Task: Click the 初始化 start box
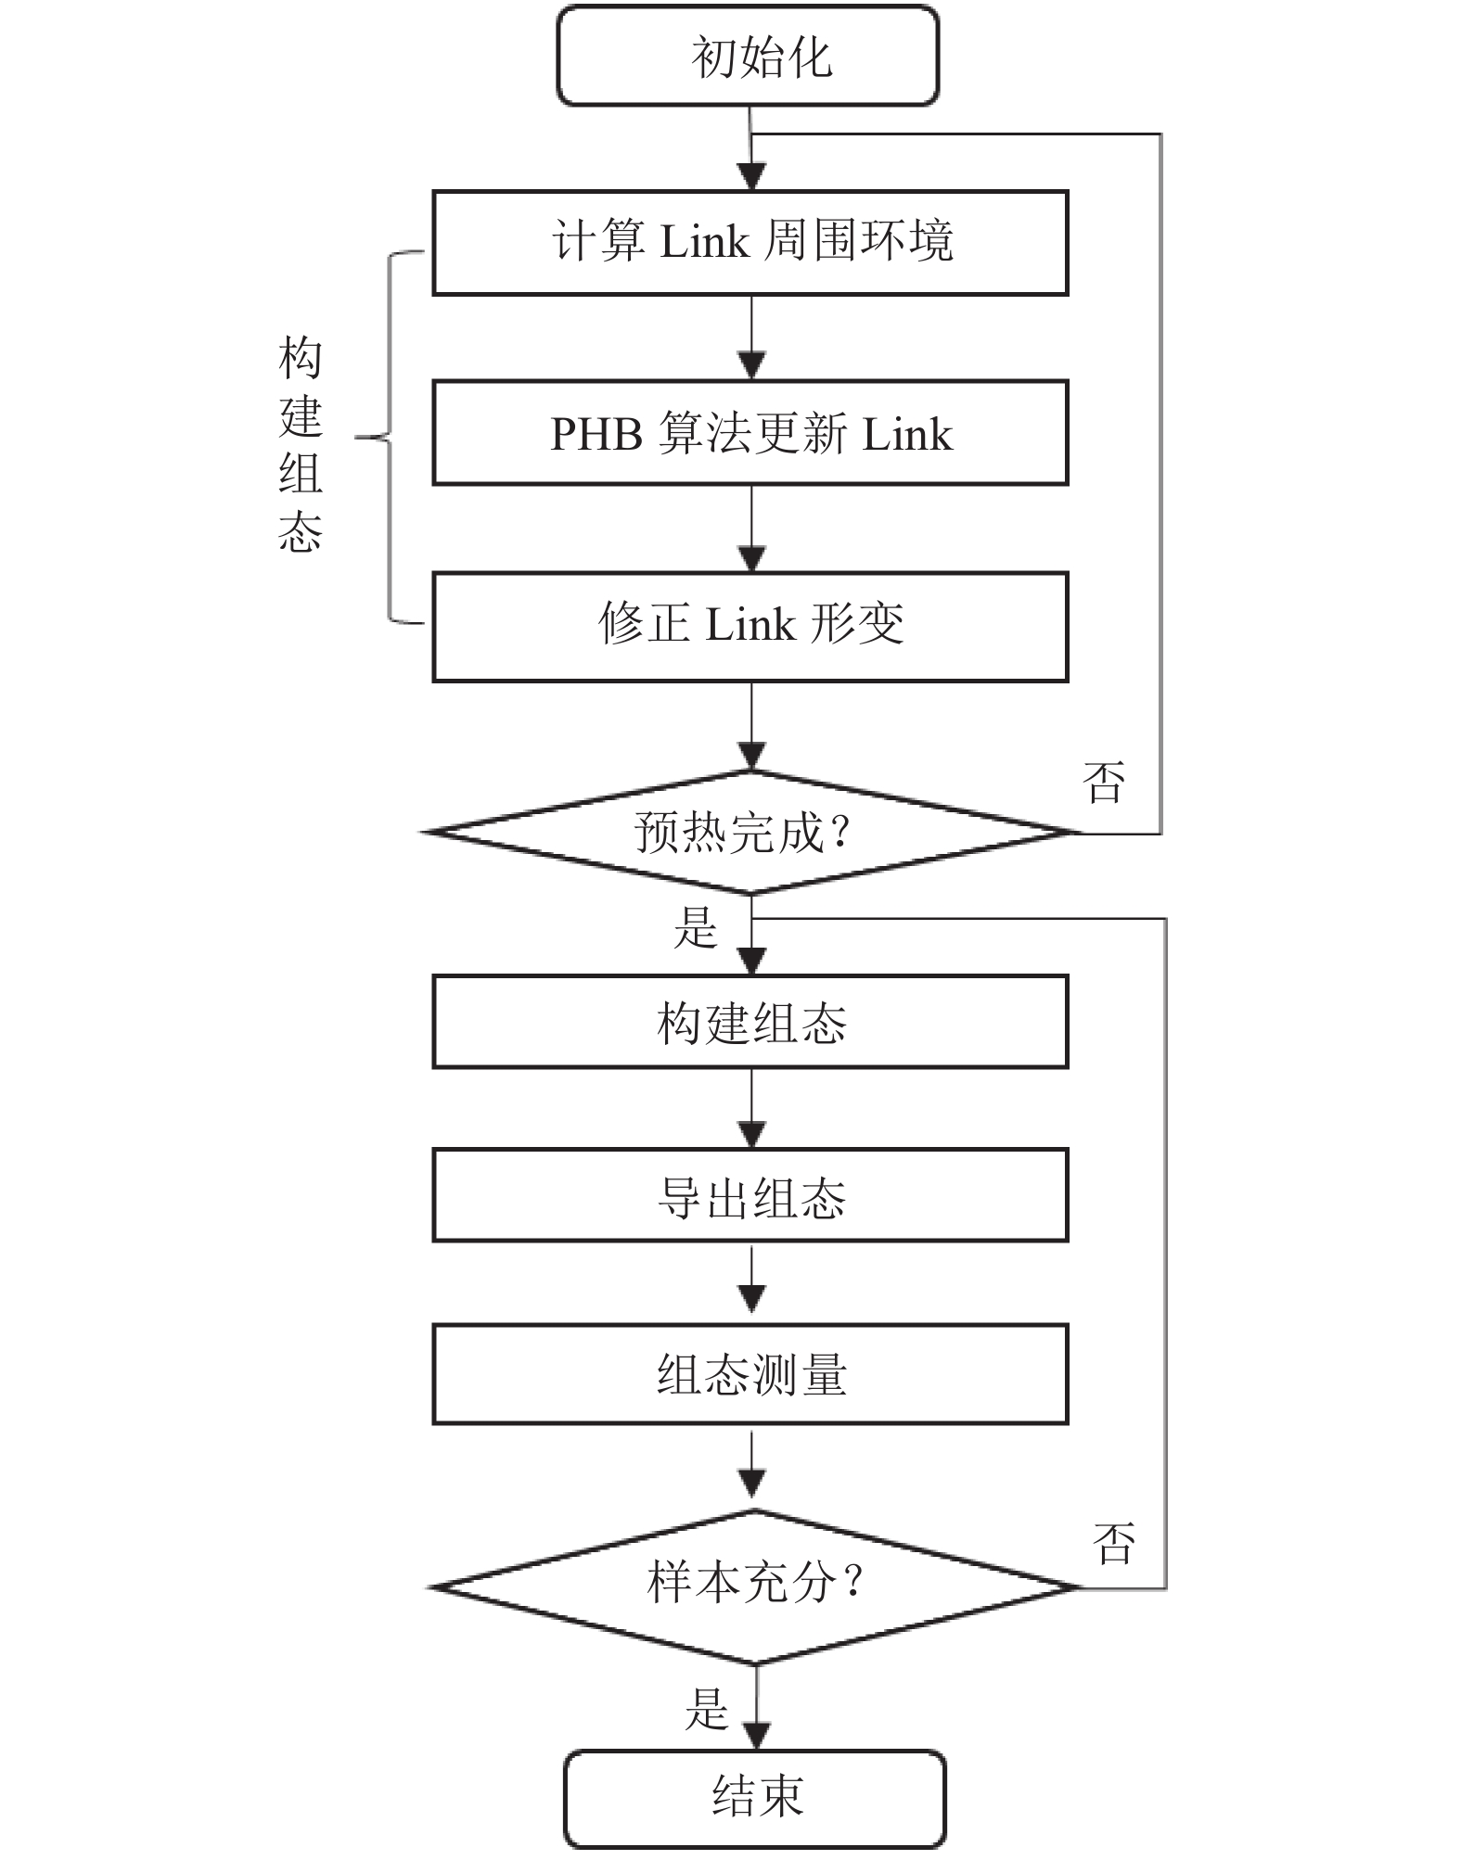(x=748, y=57)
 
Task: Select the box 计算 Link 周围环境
(x=750, y=243)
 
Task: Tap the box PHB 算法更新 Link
(x=750, y=433)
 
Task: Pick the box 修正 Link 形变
(x=750, y=627)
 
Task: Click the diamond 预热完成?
(x=750, y=833)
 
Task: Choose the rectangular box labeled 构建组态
(x=750, y=1022)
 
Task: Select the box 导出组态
(x=750, y=1195)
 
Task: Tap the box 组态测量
(x=750, y=1374)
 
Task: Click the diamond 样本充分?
(x=754, y=1587)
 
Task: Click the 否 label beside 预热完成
(x=1104, y=783)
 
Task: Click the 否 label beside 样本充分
(x=1114, y=1544)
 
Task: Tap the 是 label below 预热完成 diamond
(x=696, y=927)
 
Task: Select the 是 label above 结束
(x=707, y=1709)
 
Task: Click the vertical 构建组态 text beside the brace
(x=301, y=445)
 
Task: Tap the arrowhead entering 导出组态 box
(x=751, y=1134)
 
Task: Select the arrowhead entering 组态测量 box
(x=751, y=1298)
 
